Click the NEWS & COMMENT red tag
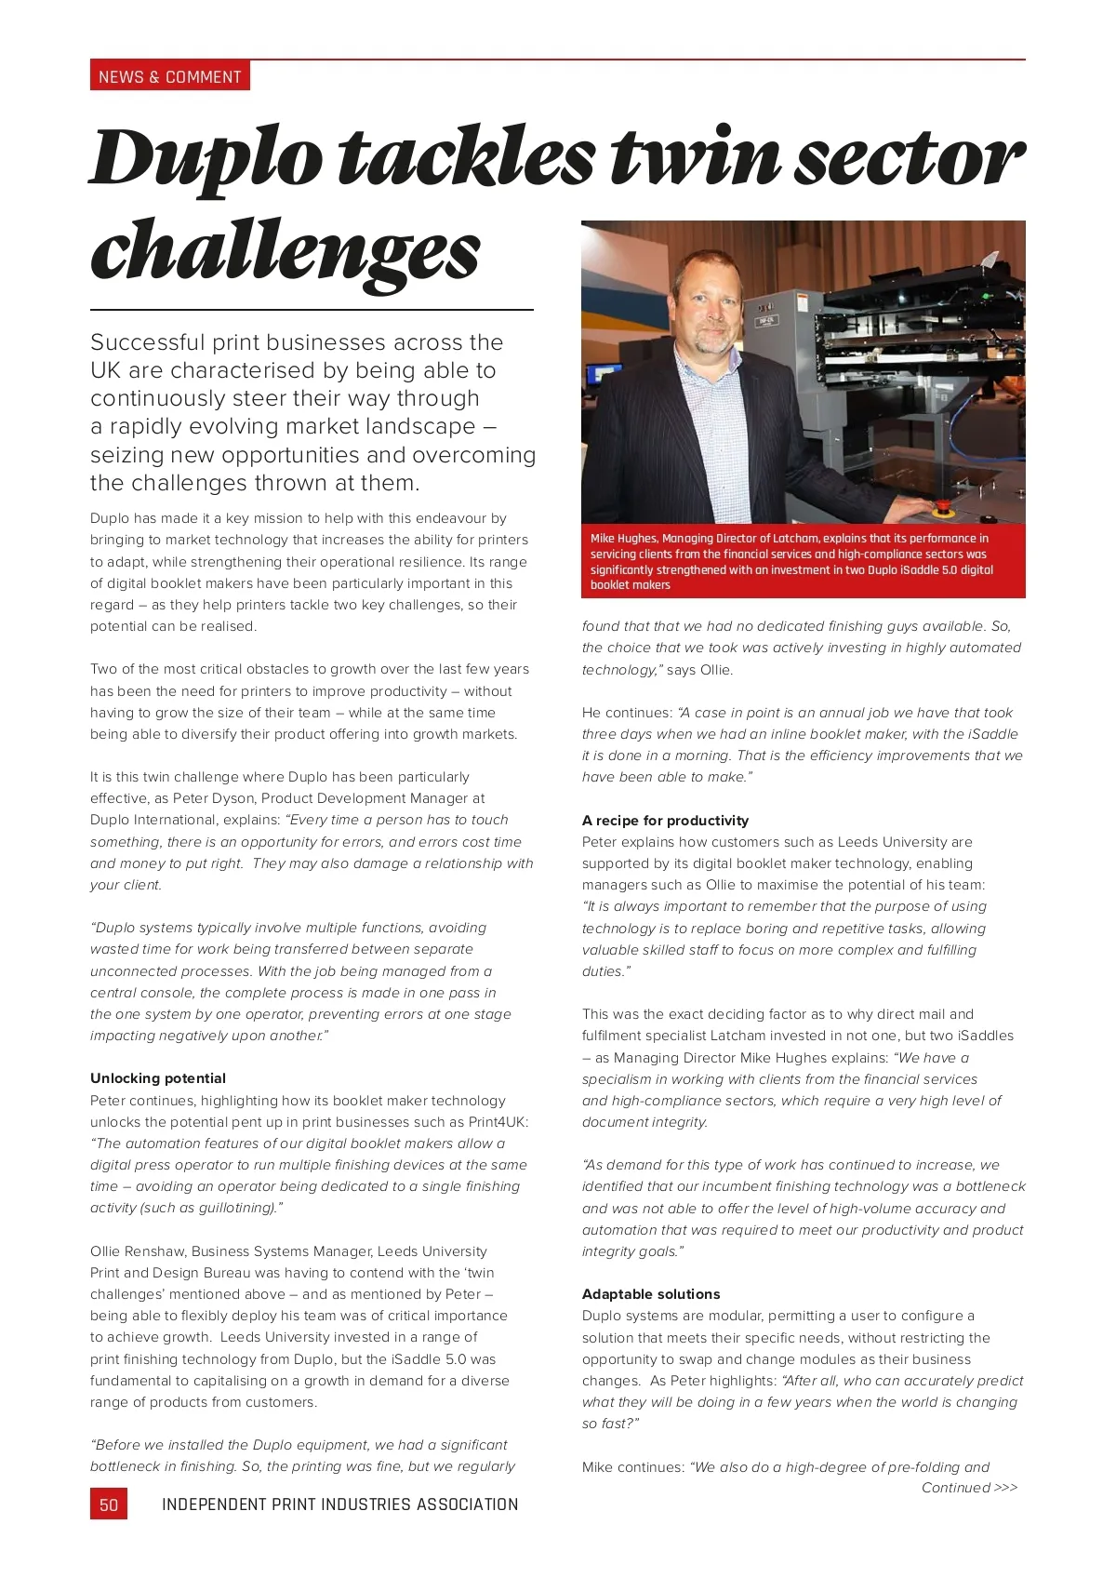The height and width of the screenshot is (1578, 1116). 169,76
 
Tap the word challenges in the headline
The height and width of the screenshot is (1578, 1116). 285,249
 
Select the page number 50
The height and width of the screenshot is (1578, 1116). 109,1504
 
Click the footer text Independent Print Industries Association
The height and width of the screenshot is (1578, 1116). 339,1504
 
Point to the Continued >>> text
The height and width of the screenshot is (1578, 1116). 969,1488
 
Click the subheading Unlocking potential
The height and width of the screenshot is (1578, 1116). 158,1078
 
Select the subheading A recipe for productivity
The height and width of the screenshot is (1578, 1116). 665,821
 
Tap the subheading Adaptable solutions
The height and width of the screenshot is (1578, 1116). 651,1294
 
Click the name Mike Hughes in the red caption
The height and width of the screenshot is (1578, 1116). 623,539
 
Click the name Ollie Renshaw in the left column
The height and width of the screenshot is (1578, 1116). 137,1251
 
